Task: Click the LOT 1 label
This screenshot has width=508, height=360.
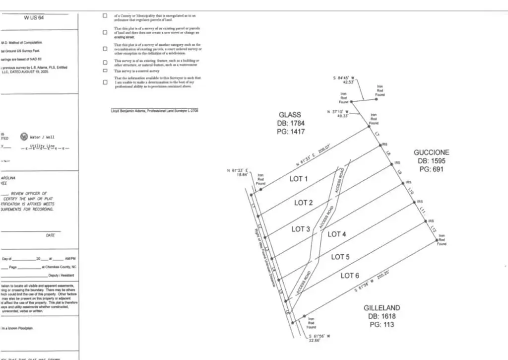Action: pyautogui.click(x=299, y=179)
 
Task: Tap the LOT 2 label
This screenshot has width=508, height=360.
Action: pyautogui.click(x=303, y=203)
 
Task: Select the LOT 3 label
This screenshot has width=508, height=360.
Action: pyautogui.click(x=301, y=229)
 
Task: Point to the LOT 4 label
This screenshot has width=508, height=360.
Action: pyautogui.click(x=337, y=234)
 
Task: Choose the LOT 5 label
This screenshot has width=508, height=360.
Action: pyautogui.click(x=340, y=257)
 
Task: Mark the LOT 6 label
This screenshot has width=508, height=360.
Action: pyautogui.click(x=350, y=276)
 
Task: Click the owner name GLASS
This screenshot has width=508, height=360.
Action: pyautogui.click(x=290, y=115)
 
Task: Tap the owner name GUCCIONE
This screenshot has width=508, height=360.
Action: pyautogui.click(x=432, y=152)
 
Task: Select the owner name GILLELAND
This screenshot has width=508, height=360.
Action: pyautogui.click(x=381, y=308)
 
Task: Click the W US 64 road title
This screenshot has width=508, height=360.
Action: pyautogui.click(x=34, y=17)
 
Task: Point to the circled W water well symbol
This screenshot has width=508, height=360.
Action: pyautogui.click(x=23, y=137)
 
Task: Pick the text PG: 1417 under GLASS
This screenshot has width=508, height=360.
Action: pyautogui.click(x=290, y=132)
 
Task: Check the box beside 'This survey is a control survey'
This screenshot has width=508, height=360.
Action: pyautogui.click(x=105, y=71)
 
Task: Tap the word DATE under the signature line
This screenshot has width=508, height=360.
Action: pyautogui.click(x=51, y=235)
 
